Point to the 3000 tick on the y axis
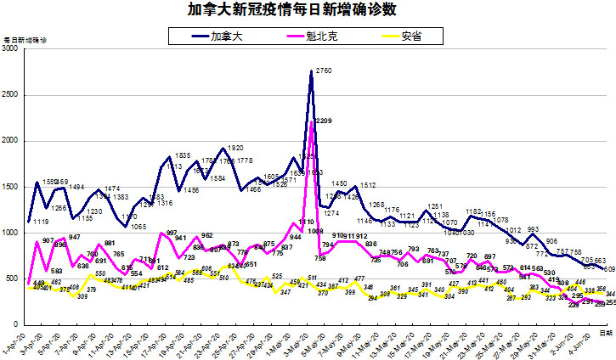tap(10, 50)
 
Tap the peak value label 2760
tap(323, 70)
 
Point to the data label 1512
tap(369, 185)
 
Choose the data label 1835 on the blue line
tap(182, 156)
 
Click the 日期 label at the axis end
tap(605, 334)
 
